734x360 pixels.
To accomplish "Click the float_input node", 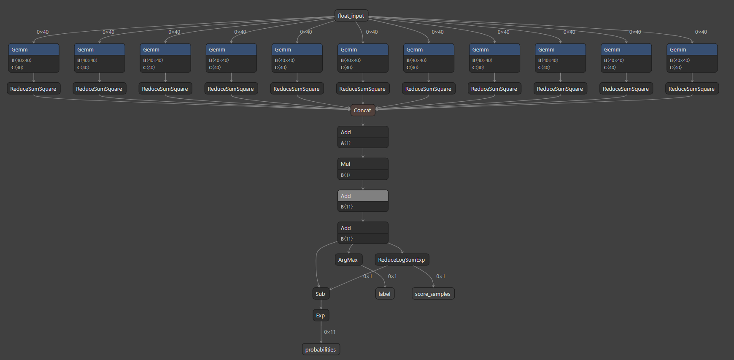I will click(351, 16).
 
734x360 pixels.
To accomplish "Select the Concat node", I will click(362, 110).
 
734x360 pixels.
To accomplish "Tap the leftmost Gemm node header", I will click(34, 49).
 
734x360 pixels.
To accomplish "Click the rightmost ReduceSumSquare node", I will click(691, 89).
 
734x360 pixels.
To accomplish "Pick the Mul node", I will click(362, 164).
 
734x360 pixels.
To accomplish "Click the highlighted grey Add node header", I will click(362, 196).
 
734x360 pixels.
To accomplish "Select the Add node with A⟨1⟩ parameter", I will click(362, 132).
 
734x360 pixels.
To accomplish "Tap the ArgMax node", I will click(348, 260).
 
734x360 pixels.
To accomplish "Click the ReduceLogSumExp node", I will click(401, 260).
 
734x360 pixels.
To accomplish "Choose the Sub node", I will click(320, 294).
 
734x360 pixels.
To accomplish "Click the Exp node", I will click(320, 315).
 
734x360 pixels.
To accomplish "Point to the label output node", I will click(384, 294).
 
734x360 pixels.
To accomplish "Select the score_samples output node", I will click(432, 294).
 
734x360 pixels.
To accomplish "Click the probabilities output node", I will click(320, 349).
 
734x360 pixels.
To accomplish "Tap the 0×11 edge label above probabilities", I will click(330, 332).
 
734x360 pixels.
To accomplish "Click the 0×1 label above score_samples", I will click(440, 276).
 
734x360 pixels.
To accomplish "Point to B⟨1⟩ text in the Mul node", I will click(345, 175).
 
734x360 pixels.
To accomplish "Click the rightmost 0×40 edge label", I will click(701, 32).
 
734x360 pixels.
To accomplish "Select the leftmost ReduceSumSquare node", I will click(33, 89).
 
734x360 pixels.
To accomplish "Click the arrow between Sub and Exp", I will click(321, 305).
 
